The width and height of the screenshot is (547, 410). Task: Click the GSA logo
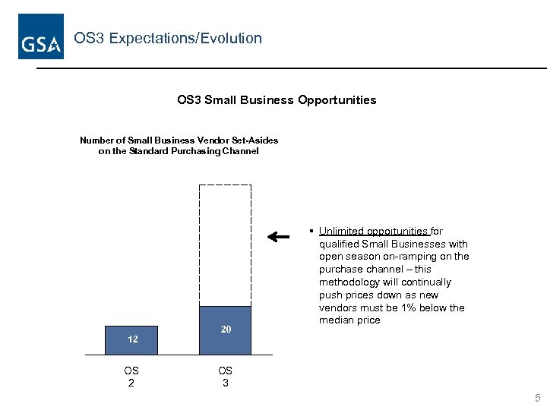41,36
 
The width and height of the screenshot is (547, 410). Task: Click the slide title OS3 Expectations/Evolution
167,38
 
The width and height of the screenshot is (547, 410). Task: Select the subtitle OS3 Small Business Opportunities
276,100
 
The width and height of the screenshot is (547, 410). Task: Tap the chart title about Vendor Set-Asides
179,145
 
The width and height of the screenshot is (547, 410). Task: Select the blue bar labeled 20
225,330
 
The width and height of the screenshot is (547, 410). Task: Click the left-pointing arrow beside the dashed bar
279,237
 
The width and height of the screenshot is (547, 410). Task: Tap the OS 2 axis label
131,377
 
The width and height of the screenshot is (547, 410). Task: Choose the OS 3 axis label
225,377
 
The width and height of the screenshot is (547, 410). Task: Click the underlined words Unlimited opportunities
373,232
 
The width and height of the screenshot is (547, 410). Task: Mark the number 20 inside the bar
226,330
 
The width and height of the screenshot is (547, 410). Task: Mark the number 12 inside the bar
133,339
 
